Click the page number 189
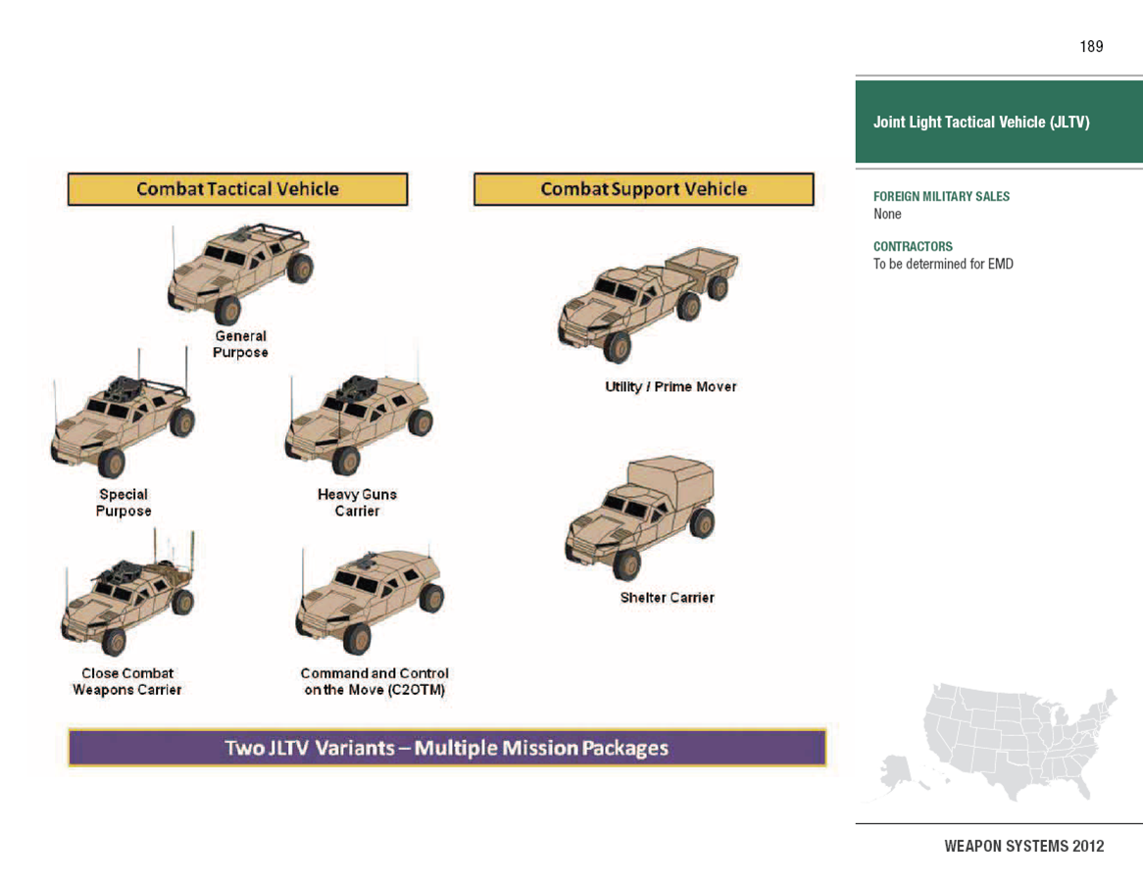click(1091, 46)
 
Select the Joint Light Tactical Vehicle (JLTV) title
click(981, 123)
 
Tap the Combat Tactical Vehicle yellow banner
click(237, 189)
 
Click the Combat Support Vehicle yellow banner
click(643, 189)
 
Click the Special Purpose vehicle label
click(124, 503)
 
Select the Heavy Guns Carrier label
click(357, 503)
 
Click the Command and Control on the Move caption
click(374, 681)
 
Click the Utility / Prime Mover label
click(671, 387)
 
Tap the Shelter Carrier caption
click(667, 598)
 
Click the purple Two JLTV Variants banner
click(447, 748)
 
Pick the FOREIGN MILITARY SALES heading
click(941, 197)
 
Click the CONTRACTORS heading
click(913, 247)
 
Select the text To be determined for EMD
click(943, 264)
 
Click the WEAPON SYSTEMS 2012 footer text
click(1023, 846)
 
